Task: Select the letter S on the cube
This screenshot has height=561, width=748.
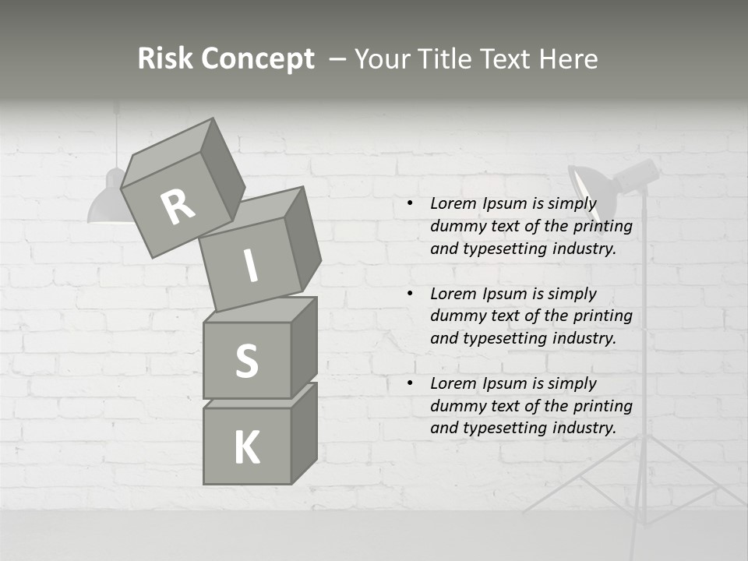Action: click(246, 361)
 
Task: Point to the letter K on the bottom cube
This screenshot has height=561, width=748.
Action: click(246, 448)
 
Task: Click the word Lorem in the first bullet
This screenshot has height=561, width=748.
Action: click(453, 204)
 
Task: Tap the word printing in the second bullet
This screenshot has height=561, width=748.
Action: click(603, 316)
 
